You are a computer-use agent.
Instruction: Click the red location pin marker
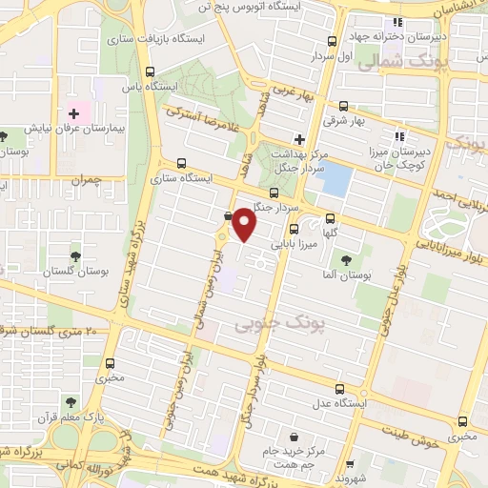[244, 225]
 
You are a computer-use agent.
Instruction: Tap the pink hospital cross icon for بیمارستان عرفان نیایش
[73, 114]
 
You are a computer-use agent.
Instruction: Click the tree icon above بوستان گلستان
[74, 254]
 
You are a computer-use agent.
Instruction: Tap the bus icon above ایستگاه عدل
[340, 389]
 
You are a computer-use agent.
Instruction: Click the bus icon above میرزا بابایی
[293, 228]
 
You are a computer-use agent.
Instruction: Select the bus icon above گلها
[331, 217]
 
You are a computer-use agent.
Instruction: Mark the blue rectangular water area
[335, 178]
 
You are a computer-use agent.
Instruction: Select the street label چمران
[84, 179]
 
